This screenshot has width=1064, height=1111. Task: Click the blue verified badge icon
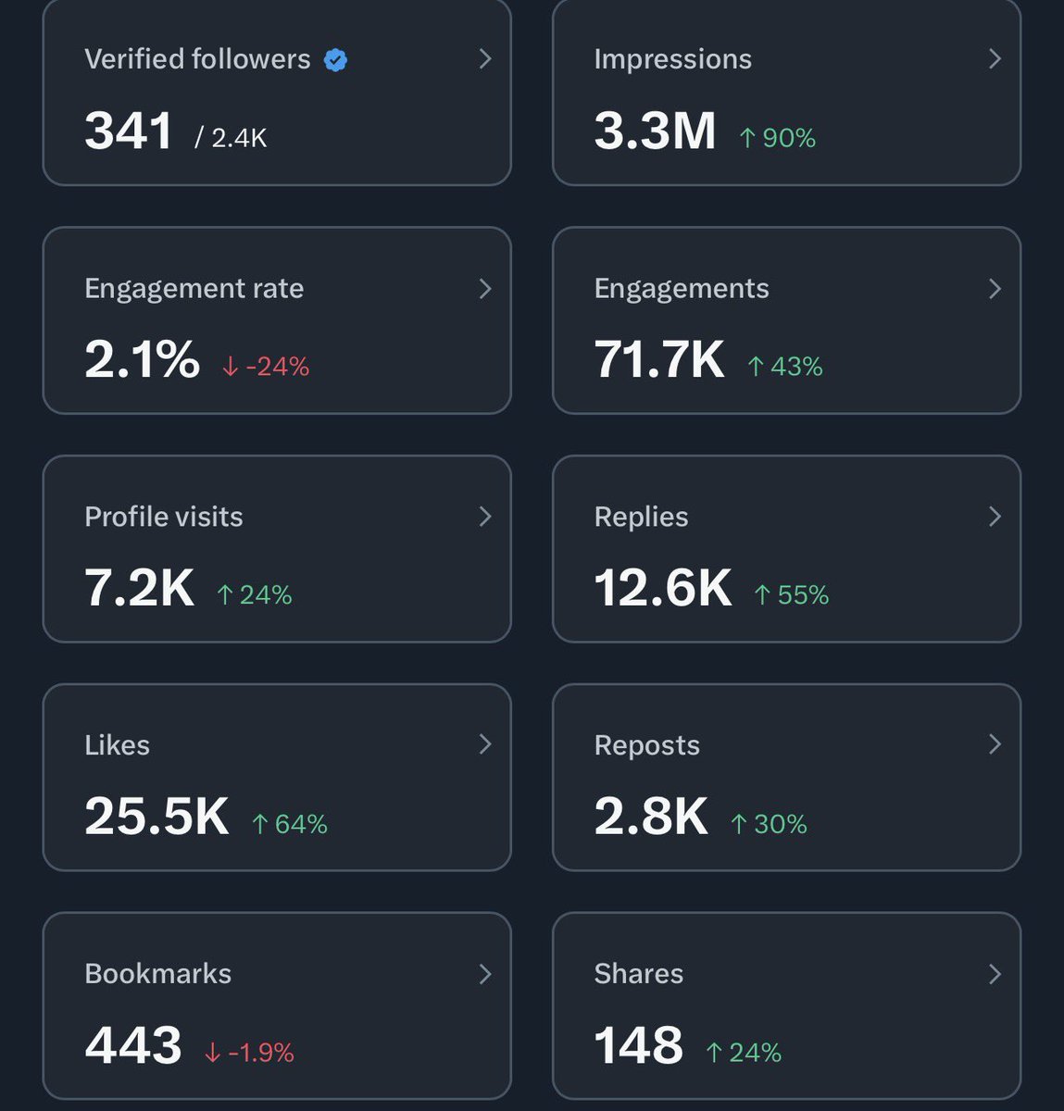335,60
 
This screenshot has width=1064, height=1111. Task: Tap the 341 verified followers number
128,131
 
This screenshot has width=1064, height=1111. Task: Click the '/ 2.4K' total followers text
231,138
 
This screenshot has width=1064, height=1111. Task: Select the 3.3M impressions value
655,131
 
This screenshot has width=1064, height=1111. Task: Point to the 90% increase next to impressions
778,138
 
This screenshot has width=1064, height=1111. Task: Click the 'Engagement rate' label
194,289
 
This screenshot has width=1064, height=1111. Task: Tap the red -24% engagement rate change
266,367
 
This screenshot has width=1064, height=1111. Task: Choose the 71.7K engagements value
658,360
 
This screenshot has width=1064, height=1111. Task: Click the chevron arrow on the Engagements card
995,289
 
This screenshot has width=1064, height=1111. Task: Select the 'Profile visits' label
163,517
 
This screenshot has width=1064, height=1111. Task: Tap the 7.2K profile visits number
139,588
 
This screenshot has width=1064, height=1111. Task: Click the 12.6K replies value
662,588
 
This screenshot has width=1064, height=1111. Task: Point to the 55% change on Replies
792,594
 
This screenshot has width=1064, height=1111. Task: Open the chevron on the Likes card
484,744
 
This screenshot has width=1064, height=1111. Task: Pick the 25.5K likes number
156,817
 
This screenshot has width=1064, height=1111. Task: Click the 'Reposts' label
646,745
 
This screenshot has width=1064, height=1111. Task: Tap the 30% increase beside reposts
769,823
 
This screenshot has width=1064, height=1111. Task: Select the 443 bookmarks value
132,1045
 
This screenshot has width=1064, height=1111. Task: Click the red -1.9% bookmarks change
249,1053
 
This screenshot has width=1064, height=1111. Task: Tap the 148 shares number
638,1045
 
